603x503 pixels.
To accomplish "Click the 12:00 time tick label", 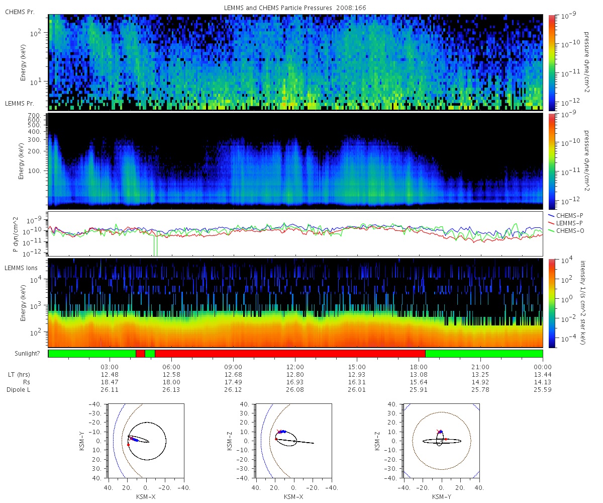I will [x=295, y=367].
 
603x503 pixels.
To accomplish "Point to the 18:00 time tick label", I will [x=419, y=367].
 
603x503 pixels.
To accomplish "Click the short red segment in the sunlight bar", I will [x=140, y=354].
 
